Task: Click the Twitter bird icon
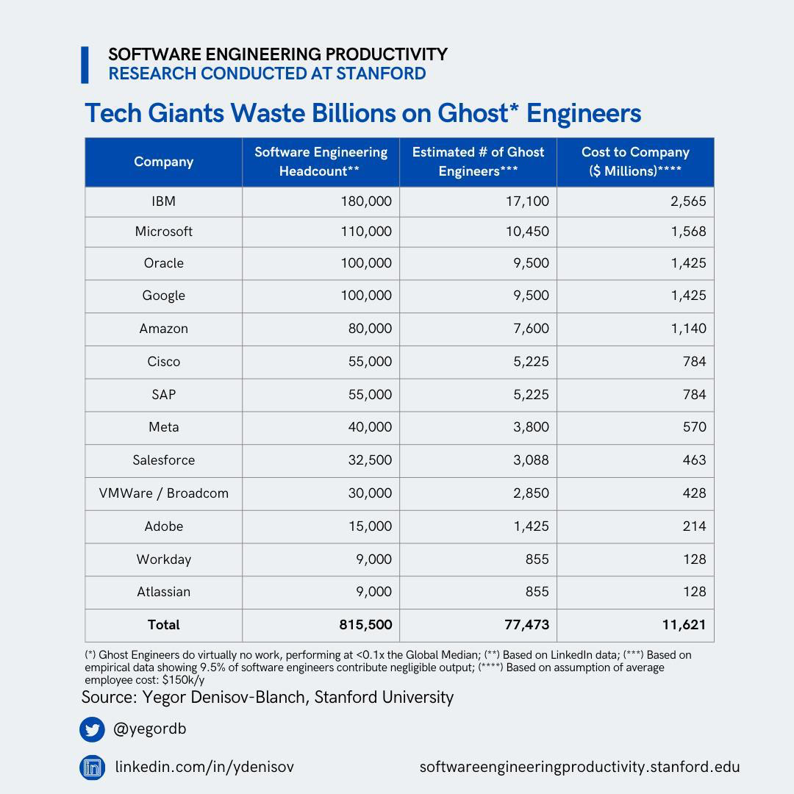click(x=93, y=729)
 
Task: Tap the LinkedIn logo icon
click(x=93, y=768)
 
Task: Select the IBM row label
click(x=163, y=201)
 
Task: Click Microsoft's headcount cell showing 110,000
click(x=366, y=232)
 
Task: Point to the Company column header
click(x=163, y=162)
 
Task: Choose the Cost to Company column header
click(x=635, y=162)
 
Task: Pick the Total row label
click(x=163, y=625)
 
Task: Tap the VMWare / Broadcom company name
click(x=163, y=493)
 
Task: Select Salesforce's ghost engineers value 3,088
click(x=531, y=460)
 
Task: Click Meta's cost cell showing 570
click(x=693, y=427)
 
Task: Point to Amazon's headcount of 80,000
click(x=370, y=329)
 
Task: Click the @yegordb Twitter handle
click(x=149, y=729)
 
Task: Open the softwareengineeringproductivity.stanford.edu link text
click(x=579, y=768)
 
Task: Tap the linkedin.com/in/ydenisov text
click(x=204, y=768)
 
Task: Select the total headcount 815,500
click(x=365, y=625)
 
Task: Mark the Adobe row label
click(x=163, y=526)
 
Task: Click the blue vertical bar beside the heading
click(x=85, y=65)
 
